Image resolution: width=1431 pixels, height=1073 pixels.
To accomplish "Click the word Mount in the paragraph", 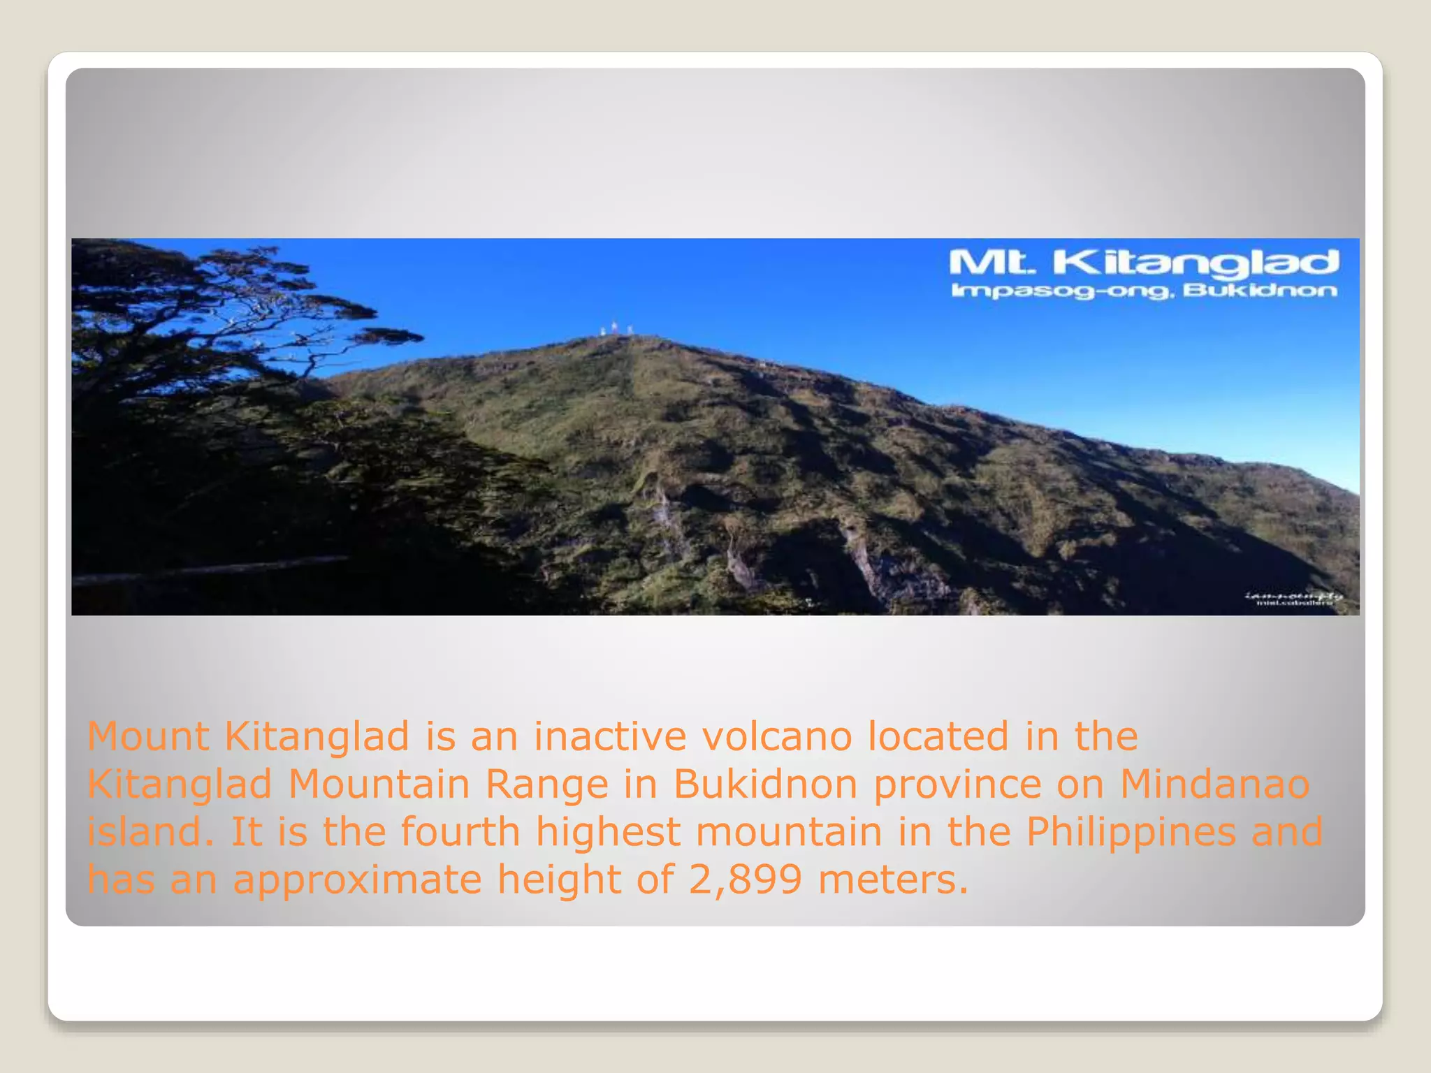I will pyautogui.click(x=148, y=736).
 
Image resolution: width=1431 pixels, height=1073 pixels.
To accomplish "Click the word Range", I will pyautogui.click(x=547, y=784).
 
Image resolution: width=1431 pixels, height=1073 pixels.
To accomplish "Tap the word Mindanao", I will pyautogui.click(x=1215, y=784).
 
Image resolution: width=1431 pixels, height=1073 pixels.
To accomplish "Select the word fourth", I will pyautogui.click(x=460, y=832).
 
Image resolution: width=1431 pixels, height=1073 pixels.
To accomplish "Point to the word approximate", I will pyautogui.click(x=357, y=880).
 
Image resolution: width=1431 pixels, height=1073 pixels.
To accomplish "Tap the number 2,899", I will pyautogui.click(x=745, y=880).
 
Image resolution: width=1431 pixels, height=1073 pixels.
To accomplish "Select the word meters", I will pyautogui.click(x=894, y=880).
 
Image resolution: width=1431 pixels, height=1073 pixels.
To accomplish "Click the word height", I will pyautogui.click(x=558, y=880).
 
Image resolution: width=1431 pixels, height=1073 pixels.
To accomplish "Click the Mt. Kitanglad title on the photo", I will pyautogui.click(x=1143, y=263).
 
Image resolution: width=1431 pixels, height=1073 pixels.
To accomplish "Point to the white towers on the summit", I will pyautogui.click(x=616, y=328).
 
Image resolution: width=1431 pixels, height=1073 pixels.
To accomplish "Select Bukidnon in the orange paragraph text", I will pyautogui.click(x=765, y=784).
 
